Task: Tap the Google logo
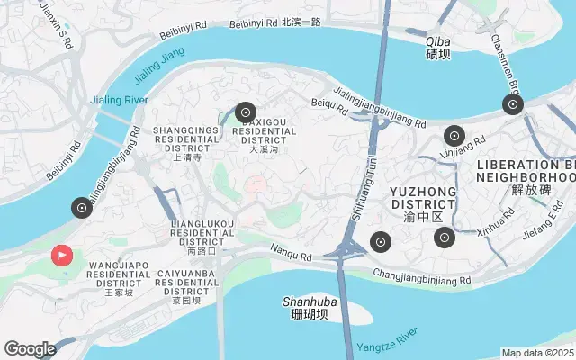30,349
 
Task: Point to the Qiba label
438,47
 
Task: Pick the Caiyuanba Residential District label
186,285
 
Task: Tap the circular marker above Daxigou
246,112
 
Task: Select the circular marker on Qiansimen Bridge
513,105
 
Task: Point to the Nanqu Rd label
292,256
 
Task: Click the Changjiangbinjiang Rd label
422,280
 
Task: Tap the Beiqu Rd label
329,106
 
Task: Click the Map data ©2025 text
537,353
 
